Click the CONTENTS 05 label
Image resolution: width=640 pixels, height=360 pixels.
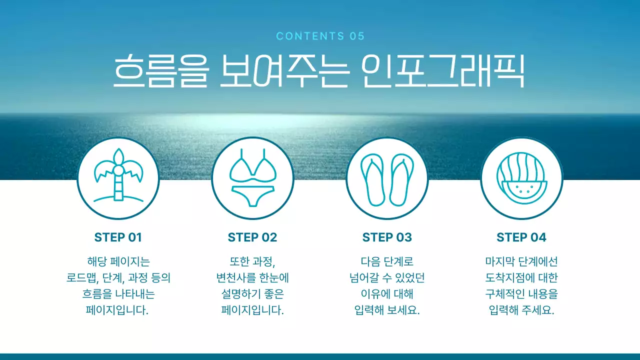(x=320, y=36)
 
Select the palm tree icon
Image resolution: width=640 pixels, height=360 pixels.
(x=118, y=177)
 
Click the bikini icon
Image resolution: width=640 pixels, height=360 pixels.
(x=252, y=177)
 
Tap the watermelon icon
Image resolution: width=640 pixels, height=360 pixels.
(x=521, y=177)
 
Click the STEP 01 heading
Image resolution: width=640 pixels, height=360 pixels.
(x=118, y=237)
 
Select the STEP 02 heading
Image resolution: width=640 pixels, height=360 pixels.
(x=252, y=237)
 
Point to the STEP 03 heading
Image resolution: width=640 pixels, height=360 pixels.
(x=387, y=237)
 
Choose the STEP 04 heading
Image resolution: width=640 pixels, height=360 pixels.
(x=521, y=237)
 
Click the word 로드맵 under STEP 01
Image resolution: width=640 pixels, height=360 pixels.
(x=81, y=278)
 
